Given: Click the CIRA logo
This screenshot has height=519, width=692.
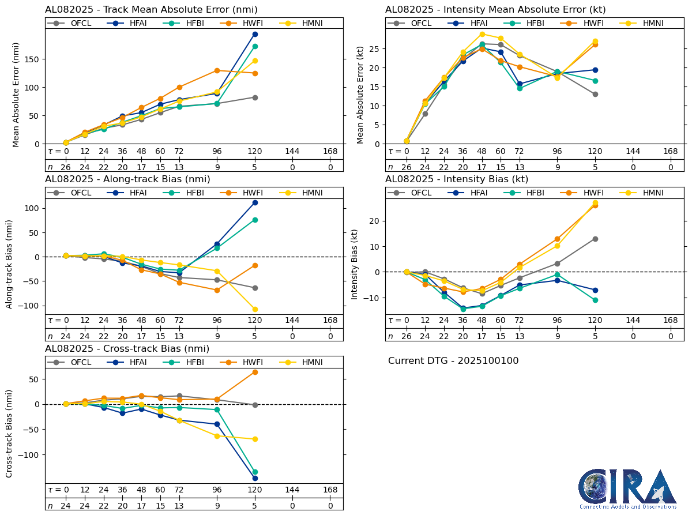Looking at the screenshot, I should pos(627,488).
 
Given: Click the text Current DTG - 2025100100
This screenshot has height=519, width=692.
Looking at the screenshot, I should pos(453,361).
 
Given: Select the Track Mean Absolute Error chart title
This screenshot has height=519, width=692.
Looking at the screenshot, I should pos(151,9).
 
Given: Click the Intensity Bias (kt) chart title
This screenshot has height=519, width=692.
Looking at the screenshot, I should pos(457,179).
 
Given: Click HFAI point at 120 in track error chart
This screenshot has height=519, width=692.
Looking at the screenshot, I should pos(255,34).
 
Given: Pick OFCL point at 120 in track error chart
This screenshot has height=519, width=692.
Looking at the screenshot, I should pos(255,97).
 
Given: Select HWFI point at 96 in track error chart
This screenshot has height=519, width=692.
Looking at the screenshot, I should pos(217,70).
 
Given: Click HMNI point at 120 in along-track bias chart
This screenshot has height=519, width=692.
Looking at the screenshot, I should pos(255,309).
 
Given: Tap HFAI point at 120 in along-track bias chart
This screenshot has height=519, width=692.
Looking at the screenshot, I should pos(255,202).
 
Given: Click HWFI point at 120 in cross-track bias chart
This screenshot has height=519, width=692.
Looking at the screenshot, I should pos(255,372).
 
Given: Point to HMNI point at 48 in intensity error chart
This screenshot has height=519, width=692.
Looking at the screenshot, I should pos(482,34).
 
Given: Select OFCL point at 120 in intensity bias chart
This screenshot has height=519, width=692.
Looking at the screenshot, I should pos(595,239).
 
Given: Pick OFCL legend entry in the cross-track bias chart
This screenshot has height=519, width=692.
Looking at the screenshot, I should pos(74,362).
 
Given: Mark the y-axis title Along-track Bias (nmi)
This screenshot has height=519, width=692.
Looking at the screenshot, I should pos(10,264).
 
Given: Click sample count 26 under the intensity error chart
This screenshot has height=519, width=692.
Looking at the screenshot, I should pos(407,167).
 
